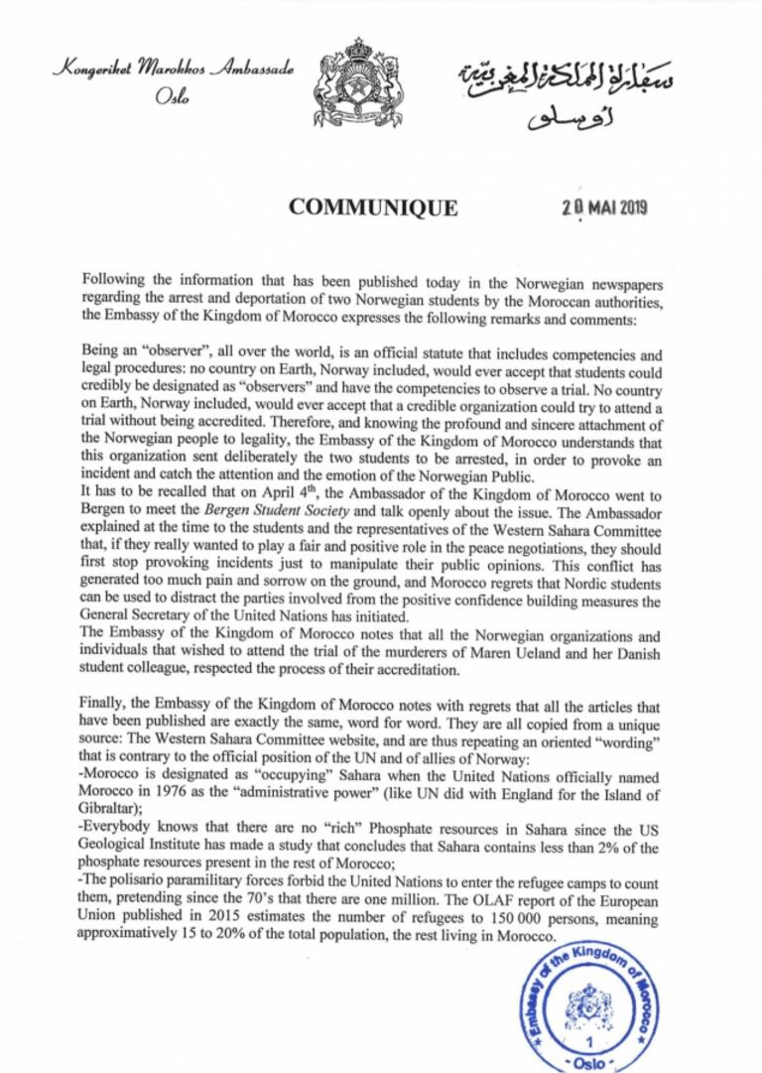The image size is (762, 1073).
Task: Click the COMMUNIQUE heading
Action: (x=373, y=207)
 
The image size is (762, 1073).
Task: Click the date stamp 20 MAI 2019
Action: (x=603, y=207)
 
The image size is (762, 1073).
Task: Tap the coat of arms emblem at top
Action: (x=359, y=80)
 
